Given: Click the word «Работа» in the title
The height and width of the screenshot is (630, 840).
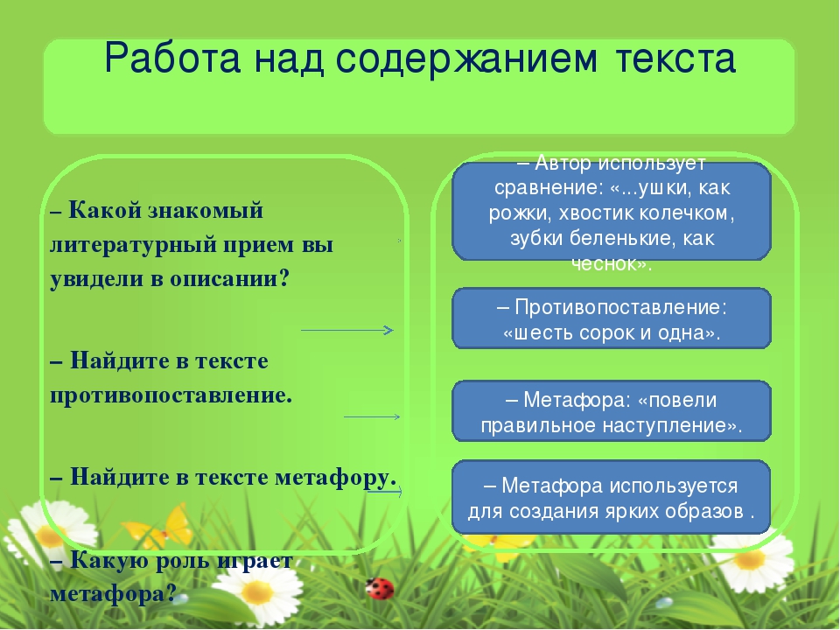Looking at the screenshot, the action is (x=172, y=58).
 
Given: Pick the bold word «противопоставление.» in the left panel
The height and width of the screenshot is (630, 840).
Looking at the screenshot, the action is (x=171, y=395).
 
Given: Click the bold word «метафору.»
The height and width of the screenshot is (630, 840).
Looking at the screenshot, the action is (x=335, y=478).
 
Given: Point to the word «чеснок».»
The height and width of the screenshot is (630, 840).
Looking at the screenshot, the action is (x=612, y=263).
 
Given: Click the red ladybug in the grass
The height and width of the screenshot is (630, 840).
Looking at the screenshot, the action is (x=381, y=589).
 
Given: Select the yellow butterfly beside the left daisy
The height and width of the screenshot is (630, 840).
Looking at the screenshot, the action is (x=159, y=527).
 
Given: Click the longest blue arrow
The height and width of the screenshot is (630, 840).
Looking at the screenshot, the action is (x=347, y=331).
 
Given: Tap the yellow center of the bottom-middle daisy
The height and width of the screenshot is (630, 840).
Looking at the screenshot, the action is (x=257, y=592).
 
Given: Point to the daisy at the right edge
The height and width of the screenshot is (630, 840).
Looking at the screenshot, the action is (x=751, y=560).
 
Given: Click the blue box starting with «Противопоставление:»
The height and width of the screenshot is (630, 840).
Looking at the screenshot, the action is (x=612, y=318).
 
